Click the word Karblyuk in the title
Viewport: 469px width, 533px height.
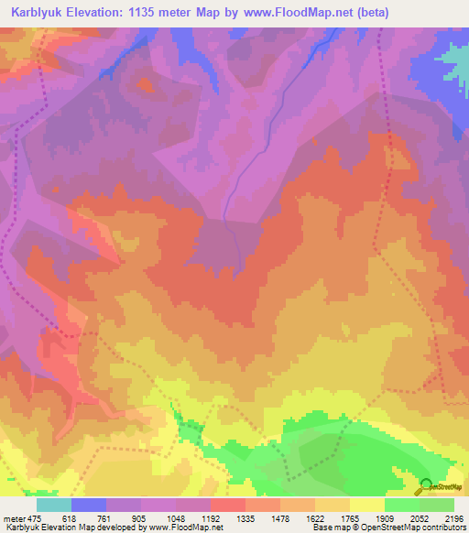[x=40, y=13]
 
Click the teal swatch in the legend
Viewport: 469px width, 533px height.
[x=54, y=505]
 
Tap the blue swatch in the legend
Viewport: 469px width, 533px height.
[x=89, y=505]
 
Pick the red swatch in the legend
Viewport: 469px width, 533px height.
[x=228, y=505]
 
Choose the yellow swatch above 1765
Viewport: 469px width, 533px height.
[x=367, y=505]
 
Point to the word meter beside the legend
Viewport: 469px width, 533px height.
[x=16, y=518]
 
